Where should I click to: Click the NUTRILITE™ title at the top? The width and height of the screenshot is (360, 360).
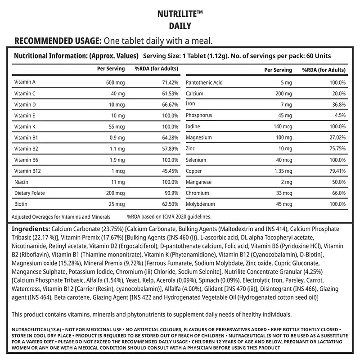[x=180, y=14]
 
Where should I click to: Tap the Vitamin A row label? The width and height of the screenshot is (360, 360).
[x=25, y=83]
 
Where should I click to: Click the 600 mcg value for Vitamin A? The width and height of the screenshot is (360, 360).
[x=115, y=83]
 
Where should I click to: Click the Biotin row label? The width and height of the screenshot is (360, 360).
[x=21, y=204]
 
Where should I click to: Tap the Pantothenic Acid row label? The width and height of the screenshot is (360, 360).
[x=204, y=83]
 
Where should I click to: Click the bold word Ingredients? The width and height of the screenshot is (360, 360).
[x=31, y=229]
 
